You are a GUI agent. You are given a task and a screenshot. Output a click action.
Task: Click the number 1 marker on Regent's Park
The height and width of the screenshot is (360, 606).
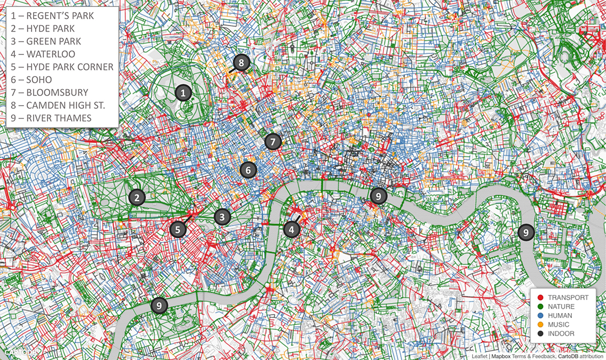pos(183,93)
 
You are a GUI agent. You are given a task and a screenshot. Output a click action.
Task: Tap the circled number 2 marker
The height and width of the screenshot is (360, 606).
pos(137,197)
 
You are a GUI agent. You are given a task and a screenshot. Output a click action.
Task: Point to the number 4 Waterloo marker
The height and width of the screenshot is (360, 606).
pos(291,229)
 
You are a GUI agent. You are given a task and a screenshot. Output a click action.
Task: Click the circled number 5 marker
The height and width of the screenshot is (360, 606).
pos(178,229)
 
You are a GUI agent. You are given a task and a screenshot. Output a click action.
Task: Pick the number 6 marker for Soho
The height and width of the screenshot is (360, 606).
pos(248,170)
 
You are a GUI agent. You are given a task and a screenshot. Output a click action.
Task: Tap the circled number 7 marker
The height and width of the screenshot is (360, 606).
pos(273,142)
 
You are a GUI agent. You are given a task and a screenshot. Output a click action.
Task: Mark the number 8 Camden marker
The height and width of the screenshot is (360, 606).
pos(241,63)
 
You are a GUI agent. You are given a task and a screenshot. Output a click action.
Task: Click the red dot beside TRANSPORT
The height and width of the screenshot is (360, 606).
pos(540,298)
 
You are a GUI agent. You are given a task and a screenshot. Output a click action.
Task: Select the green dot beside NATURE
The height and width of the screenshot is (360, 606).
pos(540,307)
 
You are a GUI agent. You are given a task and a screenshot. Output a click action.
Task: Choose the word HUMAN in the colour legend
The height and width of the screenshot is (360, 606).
pos(559,316)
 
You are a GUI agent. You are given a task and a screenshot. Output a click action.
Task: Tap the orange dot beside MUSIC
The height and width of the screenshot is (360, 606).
pos(540,325)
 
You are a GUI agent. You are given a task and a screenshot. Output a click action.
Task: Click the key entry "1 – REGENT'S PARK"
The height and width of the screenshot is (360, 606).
pos(52,15)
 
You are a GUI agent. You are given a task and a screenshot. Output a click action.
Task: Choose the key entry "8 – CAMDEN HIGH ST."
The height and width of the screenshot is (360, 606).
pos(58,105)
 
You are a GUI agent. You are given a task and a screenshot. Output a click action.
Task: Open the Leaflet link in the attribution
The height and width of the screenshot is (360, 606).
pos(480,356)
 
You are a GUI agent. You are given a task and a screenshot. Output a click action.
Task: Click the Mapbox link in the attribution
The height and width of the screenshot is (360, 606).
pos(502,356)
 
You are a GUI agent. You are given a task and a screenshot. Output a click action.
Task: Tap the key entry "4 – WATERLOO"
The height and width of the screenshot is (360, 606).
pos(43,54)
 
